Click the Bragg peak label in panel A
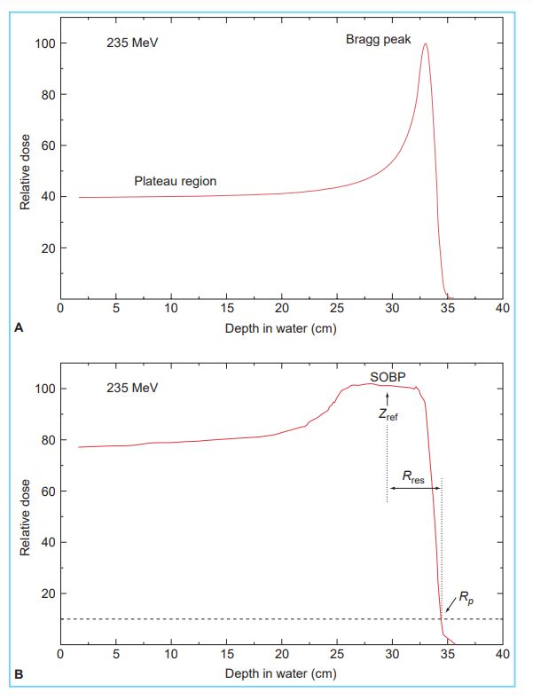click(379, 40)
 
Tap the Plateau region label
click(175, 181)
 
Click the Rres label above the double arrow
click(414, 477)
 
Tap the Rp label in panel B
click(466, 600)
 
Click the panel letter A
click(19, 328)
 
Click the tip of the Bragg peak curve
click(426, 44)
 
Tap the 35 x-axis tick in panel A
click(448, 310)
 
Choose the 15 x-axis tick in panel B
click(226, 656)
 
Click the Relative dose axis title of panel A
click(27, 171)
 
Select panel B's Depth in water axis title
click(281, 674)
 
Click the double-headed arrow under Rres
click(414, 490)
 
